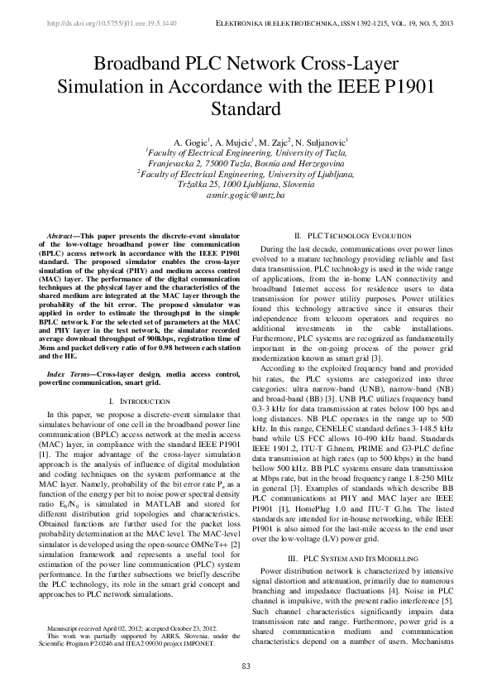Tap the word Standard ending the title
(246, 108)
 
